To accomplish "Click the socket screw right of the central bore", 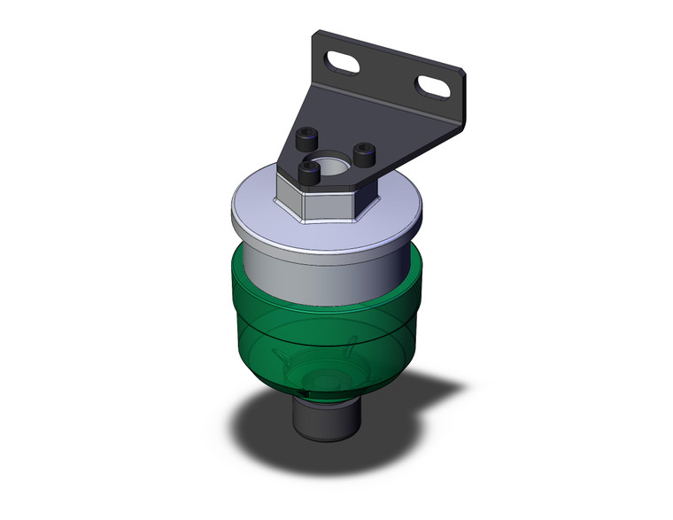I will point(363,154).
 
